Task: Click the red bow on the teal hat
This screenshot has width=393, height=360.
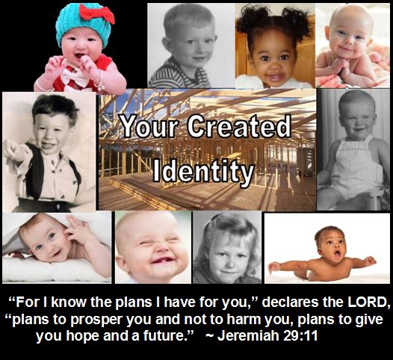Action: pyautogui.click(x=96, y=13)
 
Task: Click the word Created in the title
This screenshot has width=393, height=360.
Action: pyautogui.click(x=239, y=126)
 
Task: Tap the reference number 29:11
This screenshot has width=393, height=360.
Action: pyautogui.click(x=300, y=335)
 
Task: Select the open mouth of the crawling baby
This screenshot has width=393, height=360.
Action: pyautogui.click(x=338, y=254)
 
